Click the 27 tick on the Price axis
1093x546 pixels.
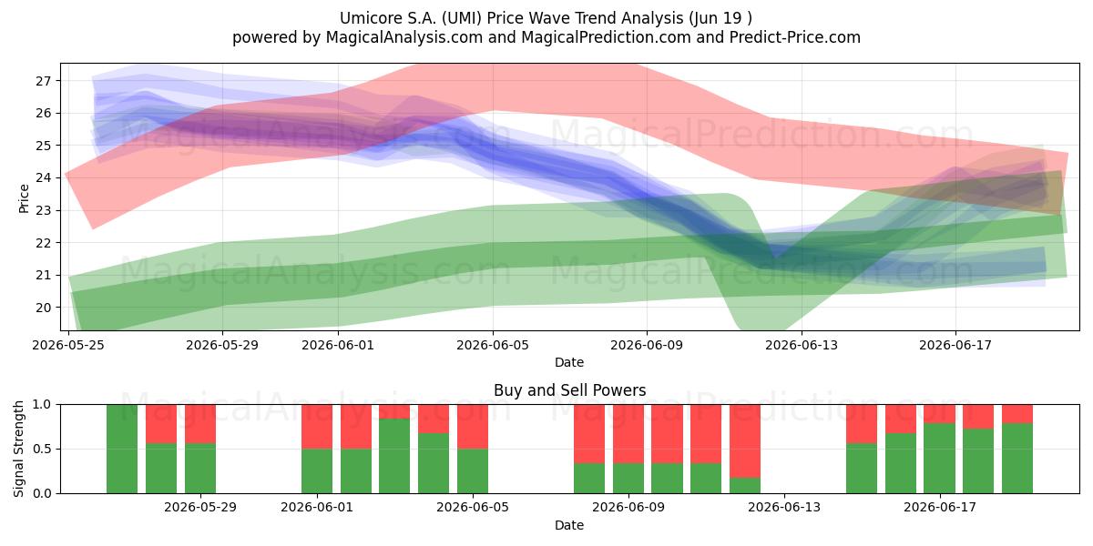pyautogui.click(x=43, y=81)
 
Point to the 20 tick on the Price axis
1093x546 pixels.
pyautogui.click(x=43, y=308)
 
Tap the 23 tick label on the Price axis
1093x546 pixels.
pyautogui.click(x=43, y=210)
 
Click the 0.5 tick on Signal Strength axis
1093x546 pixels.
pyautogui.click(x=42, y=449)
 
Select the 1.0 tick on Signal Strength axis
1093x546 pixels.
pyautogui.click(x=42, y=405)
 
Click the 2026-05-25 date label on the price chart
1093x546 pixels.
pyautogui.click(x=68, y=345)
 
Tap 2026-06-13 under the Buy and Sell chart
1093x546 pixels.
pyautogui.click(x=784, y=507)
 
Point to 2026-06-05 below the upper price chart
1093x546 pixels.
pyautogui.click(x=493, y=345)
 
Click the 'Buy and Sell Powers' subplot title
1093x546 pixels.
pyautogui.click(x=570, y=390)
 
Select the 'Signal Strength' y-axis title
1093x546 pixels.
pyautogui.click(x=18, y=449)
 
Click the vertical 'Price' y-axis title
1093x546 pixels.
pyautogui.click(x=24, y=199)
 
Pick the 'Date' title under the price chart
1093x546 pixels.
pyautogui.click(x=569, y=362)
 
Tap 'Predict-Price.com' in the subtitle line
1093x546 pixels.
pyautogui.click(x=795, y=37)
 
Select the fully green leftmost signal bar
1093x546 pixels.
pyautogui.click(x=122, y=449)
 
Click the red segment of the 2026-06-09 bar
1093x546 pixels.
pyautogui.click(x=628, y=434)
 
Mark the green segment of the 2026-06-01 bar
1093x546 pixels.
pyautogui.click(x=317, y=471)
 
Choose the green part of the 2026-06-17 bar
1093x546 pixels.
pyautogui.click(x=940, y=459)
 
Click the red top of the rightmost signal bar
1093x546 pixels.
pyautogui.click(x=1017, y=414)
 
